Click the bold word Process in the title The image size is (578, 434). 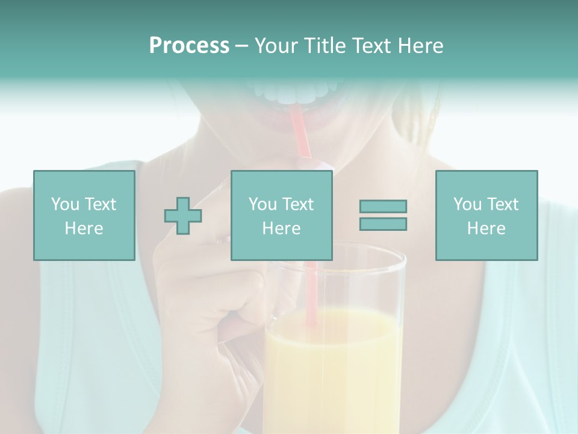pos(189,46)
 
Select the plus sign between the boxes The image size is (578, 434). pos(183,215)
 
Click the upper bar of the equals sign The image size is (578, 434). pos(383,206)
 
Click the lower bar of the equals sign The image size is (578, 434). pos(383,224)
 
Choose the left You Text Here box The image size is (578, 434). pos(84,215)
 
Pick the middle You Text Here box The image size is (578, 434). pos(281,215)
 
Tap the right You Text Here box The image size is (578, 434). pos(486,215)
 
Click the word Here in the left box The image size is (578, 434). pos(84,228)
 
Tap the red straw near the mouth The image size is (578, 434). pos(300,130)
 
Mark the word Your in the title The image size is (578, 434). pos(276,46)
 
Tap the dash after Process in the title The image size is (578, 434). pos(241,46)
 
